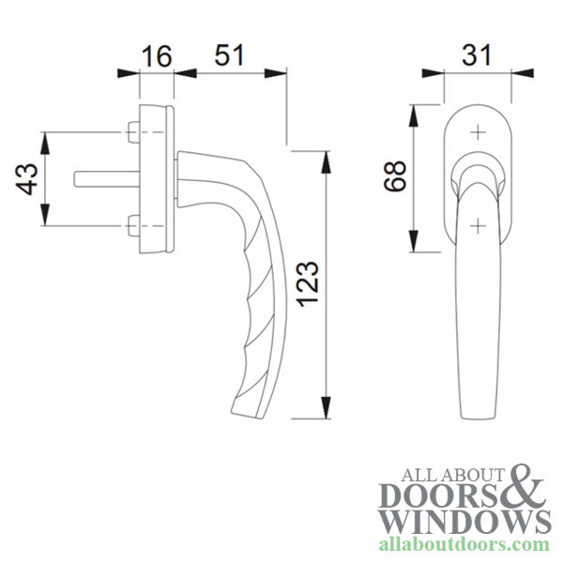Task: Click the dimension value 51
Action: click(229, 54)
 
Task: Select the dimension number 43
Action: click(27, 179)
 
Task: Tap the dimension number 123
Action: click(310, 282)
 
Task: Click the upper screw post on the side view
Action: click(131, 134)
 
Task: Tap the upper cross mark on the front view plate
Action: click(479, 132)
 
